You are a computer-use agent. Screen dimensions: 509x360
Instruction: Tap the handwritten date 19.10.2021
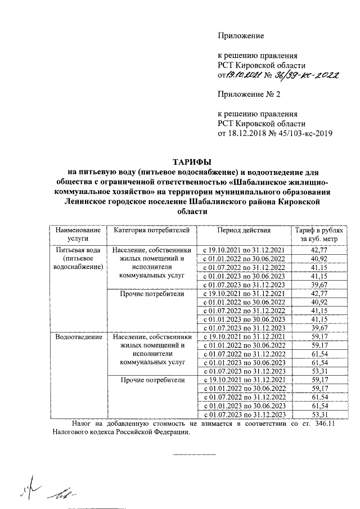click(x=242, y=75)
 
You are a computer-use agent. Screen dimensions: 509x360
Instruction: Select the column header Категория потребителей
click(x=152, y=231)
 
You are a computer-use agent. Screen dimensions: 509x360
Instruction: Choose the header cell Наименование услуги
click(x=78, y=235)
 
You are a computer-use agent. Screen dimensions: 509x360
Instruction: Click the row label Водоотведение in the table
click(x=78, y=337)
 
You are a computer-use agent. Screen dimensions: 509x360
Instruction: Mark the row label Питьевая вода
click(x=78, y=249)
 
